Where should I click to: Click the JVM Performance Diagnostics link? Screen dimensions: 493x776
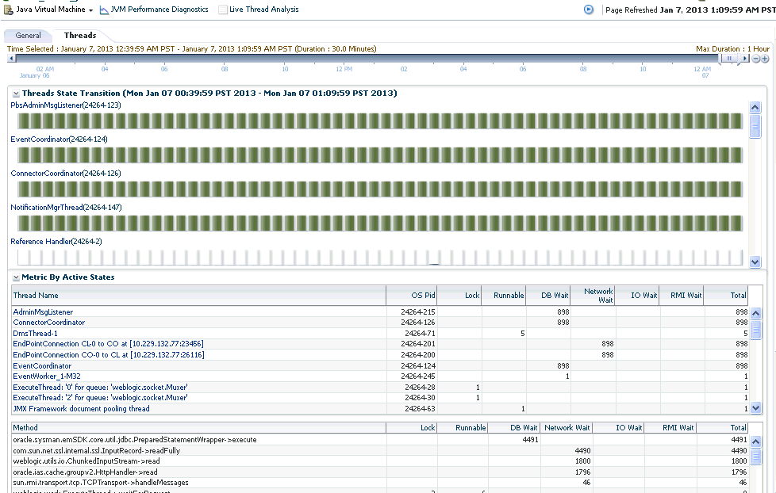159,10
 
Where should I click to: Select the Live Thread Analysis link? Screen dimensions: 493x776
263,10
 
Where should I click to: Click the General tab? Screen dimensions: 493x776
29,36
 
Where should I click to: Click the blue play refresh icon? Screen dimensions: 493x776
589,10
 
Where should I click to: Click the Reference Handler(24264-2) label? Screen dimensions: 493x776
56,241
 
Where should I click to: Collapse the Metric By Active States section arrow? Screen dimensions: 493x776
16,277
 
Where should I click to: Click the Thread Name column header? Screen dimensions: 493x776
36,296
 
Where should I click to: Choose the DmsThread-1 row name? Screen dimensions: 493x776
35,334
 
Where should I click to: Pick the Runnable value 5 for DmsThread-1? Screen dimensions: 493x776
522,334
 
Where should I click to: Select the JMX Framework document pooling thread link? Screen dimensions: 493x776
81,409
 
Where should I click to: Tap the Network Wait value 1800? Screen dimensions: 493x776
582,461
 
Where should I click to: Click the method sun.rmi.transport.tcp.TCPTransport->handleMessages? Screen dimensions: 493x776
102,482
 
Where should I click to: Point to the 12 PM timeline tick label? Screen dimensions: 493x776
344,69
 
